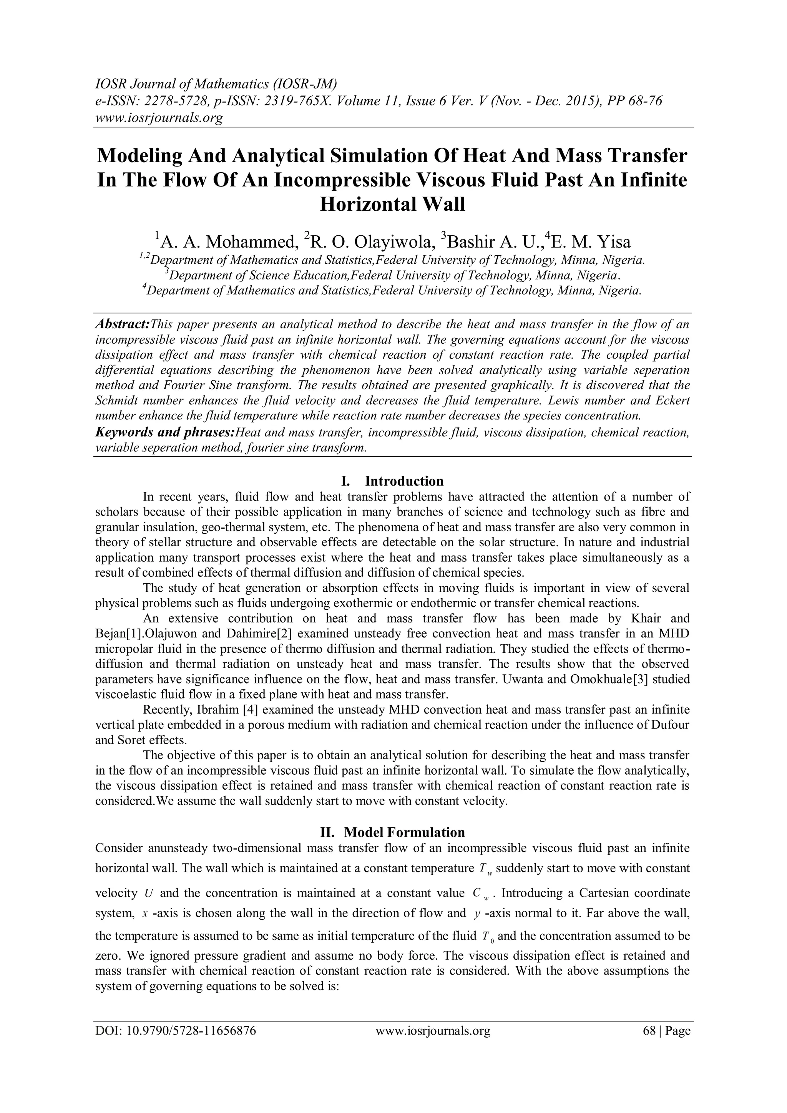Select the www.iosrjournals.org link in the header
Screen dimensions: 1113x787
158,117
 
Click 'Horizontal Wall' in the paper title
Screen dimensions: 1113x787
392,204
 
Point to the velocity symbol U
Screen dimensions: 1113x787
149,894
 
